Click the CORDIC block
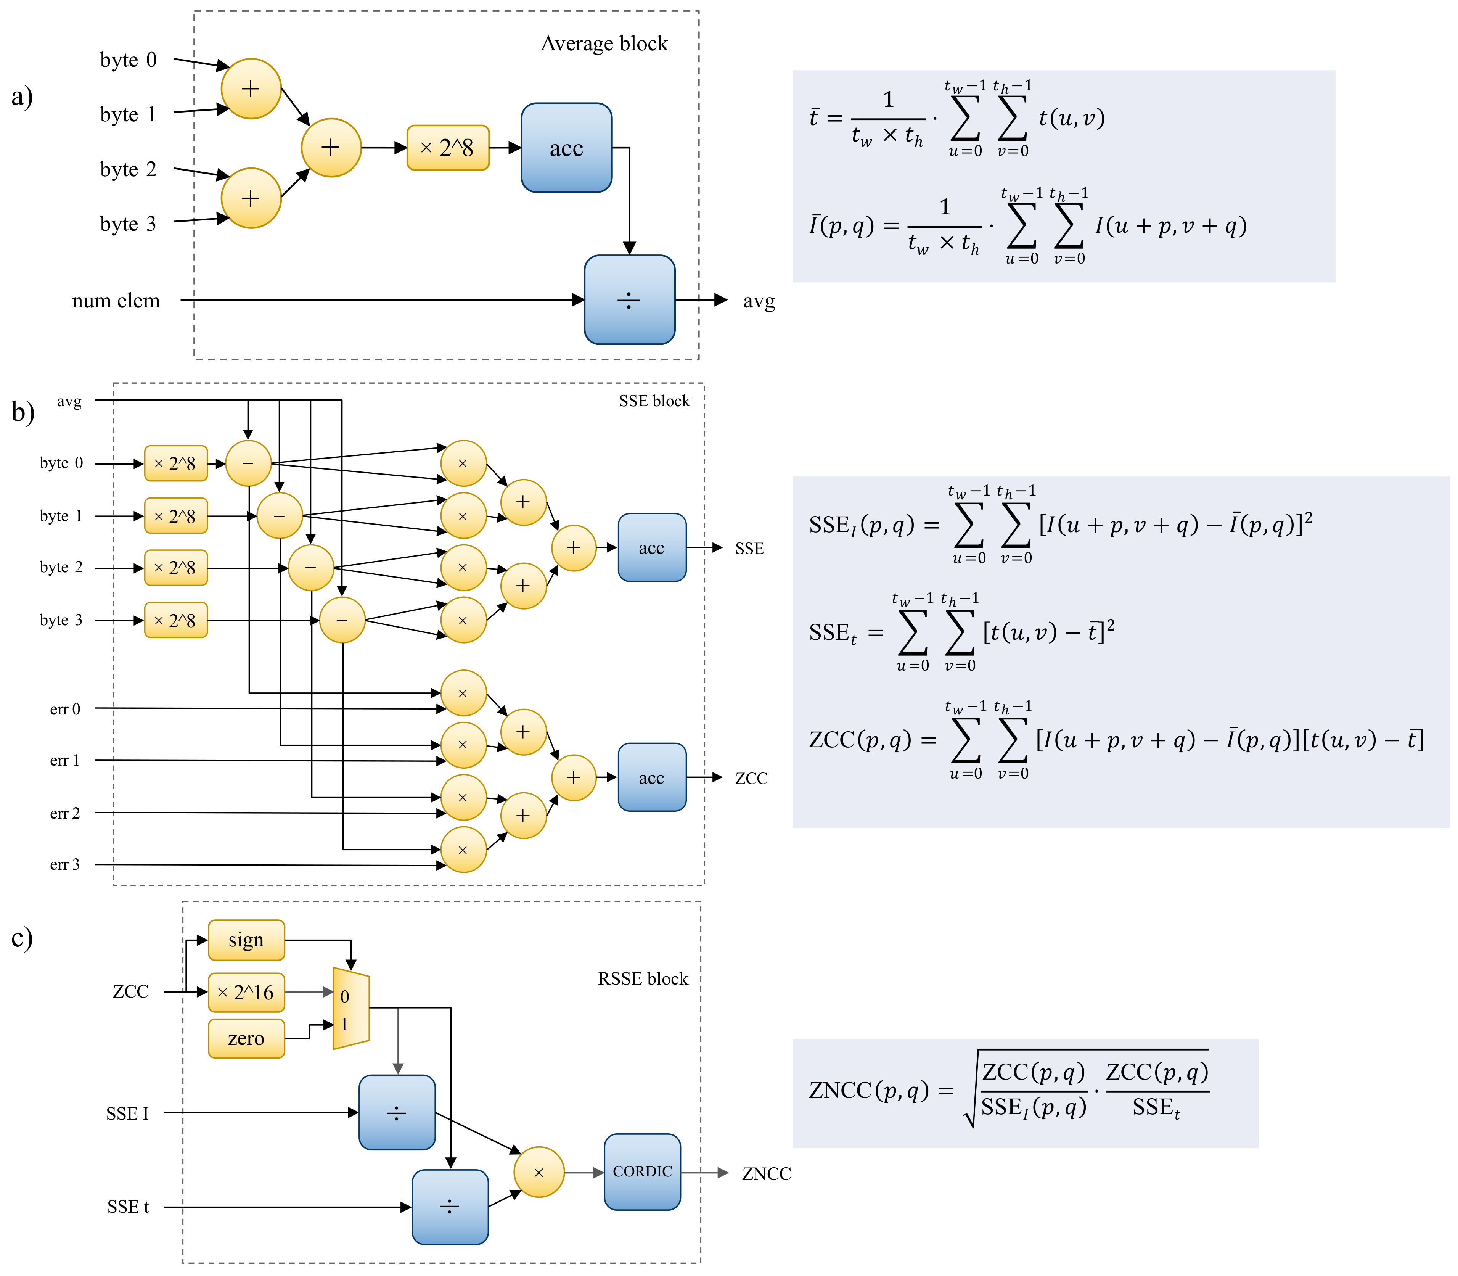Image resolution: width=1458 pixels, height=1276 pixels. click(x=642, y=1171)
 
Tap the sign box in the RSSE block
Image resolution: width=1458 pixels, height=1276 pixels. click(x=246, y=940)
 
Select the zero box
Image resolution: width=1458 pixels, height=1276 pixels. click(x=246, y=1038)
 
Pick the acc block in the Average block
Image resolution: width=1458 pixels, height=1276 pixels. click(x=567, y=147)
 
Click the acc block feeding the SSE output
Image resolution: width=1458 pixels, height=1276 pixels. click(x=652, y=547)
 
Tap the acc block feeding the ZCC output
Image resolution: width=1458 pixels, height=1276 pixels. click(x=652, y=777)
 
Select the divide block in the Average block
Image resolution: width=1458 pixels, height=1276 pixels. click(x=629, y=300)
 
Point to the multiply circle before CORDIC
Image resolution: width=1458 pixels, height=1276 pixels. click(x=539, y=1172)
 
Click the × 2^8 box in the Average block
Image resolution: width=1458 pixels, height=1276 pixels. click(x=448, y=147)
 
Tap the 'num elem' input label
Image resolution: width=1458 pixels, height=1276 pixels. click(x=116, y=301)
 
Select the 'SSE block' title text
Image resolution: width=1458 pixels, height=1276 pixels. click(x=654, y=401)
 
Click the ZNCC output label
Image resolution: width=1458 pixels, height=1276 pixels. click(x=766, y=1173)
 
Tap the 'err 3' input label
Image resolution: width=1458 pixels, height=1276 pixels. click(x=65, y=864)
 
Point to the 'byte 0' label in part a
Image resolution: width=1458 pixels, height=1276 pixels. click(x=128, y=60)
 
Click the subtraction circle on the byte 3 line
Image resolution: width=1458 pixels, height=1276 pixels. click(x=342, y=620)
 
